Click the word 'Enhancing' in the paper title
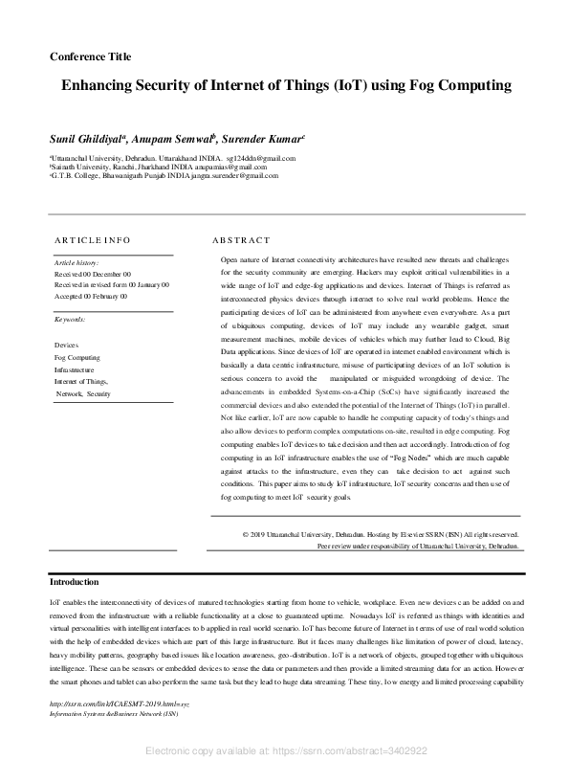pos(100,85)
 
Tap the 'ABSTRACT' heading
pos(241,240)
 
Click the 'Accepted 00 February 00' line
pos(90,297)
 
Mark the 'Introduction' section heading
pos(74,582)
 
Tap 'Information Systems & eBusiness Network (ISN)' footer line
pos(114,714)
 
